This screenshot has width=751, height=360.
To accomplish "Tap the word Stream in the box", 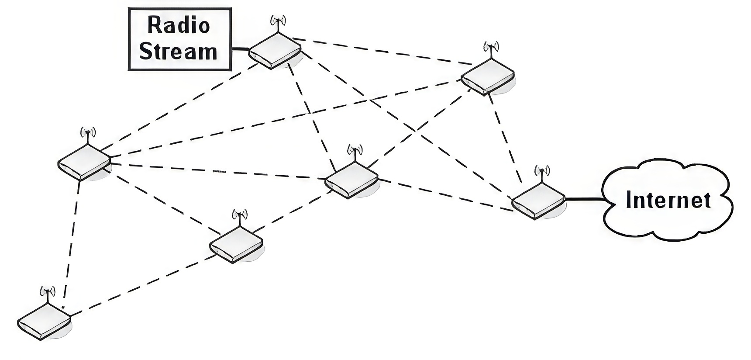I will click(x=178, y=52).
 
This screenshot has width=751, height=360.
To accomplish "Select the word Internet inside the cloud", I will click(x=668, y=200).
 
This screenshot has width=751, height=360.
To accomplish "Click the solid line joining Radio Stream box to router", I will click(x=240, y=49).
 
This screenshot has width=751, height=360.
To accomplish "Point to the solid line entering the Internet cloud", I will click(x=584, y=200).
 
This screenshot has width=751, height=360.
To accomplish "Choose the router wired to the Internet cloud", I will click(x=538, y=202).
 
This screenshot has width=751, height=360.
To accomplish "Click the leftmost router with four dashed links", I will click(x=84, y=162).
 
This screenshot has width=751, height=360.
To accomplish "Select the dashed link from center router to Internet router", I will click(x=445, y=195).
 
